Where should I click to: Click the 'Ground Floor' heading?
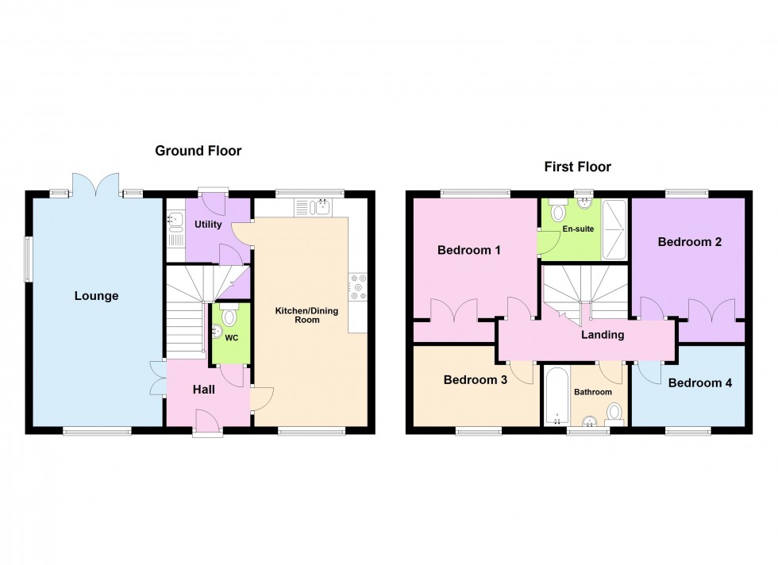pos(198,151)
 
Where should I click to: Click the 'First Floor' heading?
pos(577,167)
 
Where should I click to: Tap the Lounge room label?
pos(96,296)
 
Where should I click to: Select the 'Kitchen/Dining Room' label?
pos(307,315)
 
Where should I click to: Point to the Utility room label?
pos(208,225)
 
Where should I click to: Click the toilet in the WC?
pos(230,317)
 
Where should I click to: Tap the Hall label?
pos(203,390)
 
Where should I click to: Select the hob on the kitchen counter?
pos(356,287)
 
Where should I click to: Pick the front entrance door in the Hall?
pos(208,421)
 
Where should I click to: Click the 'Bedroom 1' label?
pos(469,250)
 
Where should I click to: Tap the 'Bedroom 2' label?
pos(689,243)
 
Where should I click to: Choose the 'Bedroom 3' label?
pos(475,380)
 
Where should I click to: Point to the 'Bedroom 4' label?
pos(699,382)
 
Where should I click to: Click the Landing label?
pos(603,334)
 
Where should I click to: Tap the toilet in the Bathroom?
pos(613,411)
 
